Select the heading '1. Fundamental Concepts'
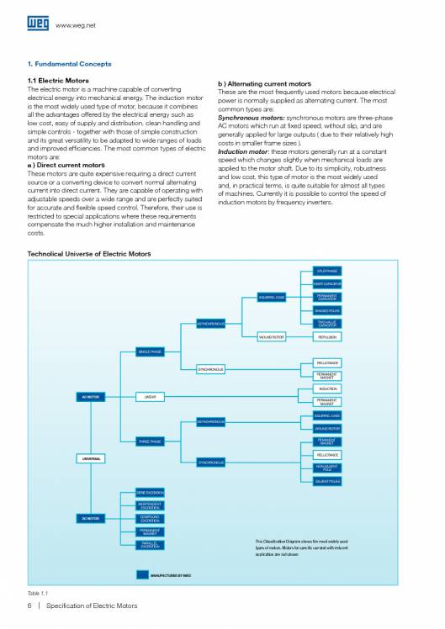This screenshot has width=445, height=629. coord(69,63)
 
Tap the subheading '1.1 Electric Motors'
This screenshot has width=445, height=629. coord(58,81)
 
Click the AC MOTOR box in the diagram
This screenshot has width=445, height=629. coord(90,396)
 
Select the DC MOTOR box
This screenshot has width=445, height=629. coord(90,518)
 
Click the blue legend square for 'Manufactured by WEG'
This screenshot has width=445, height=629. coord(144,575)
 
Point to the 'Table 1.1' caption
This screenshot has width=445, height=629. coord(38,593)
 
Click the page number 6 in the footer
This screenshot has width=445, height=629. coord(29,605)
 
